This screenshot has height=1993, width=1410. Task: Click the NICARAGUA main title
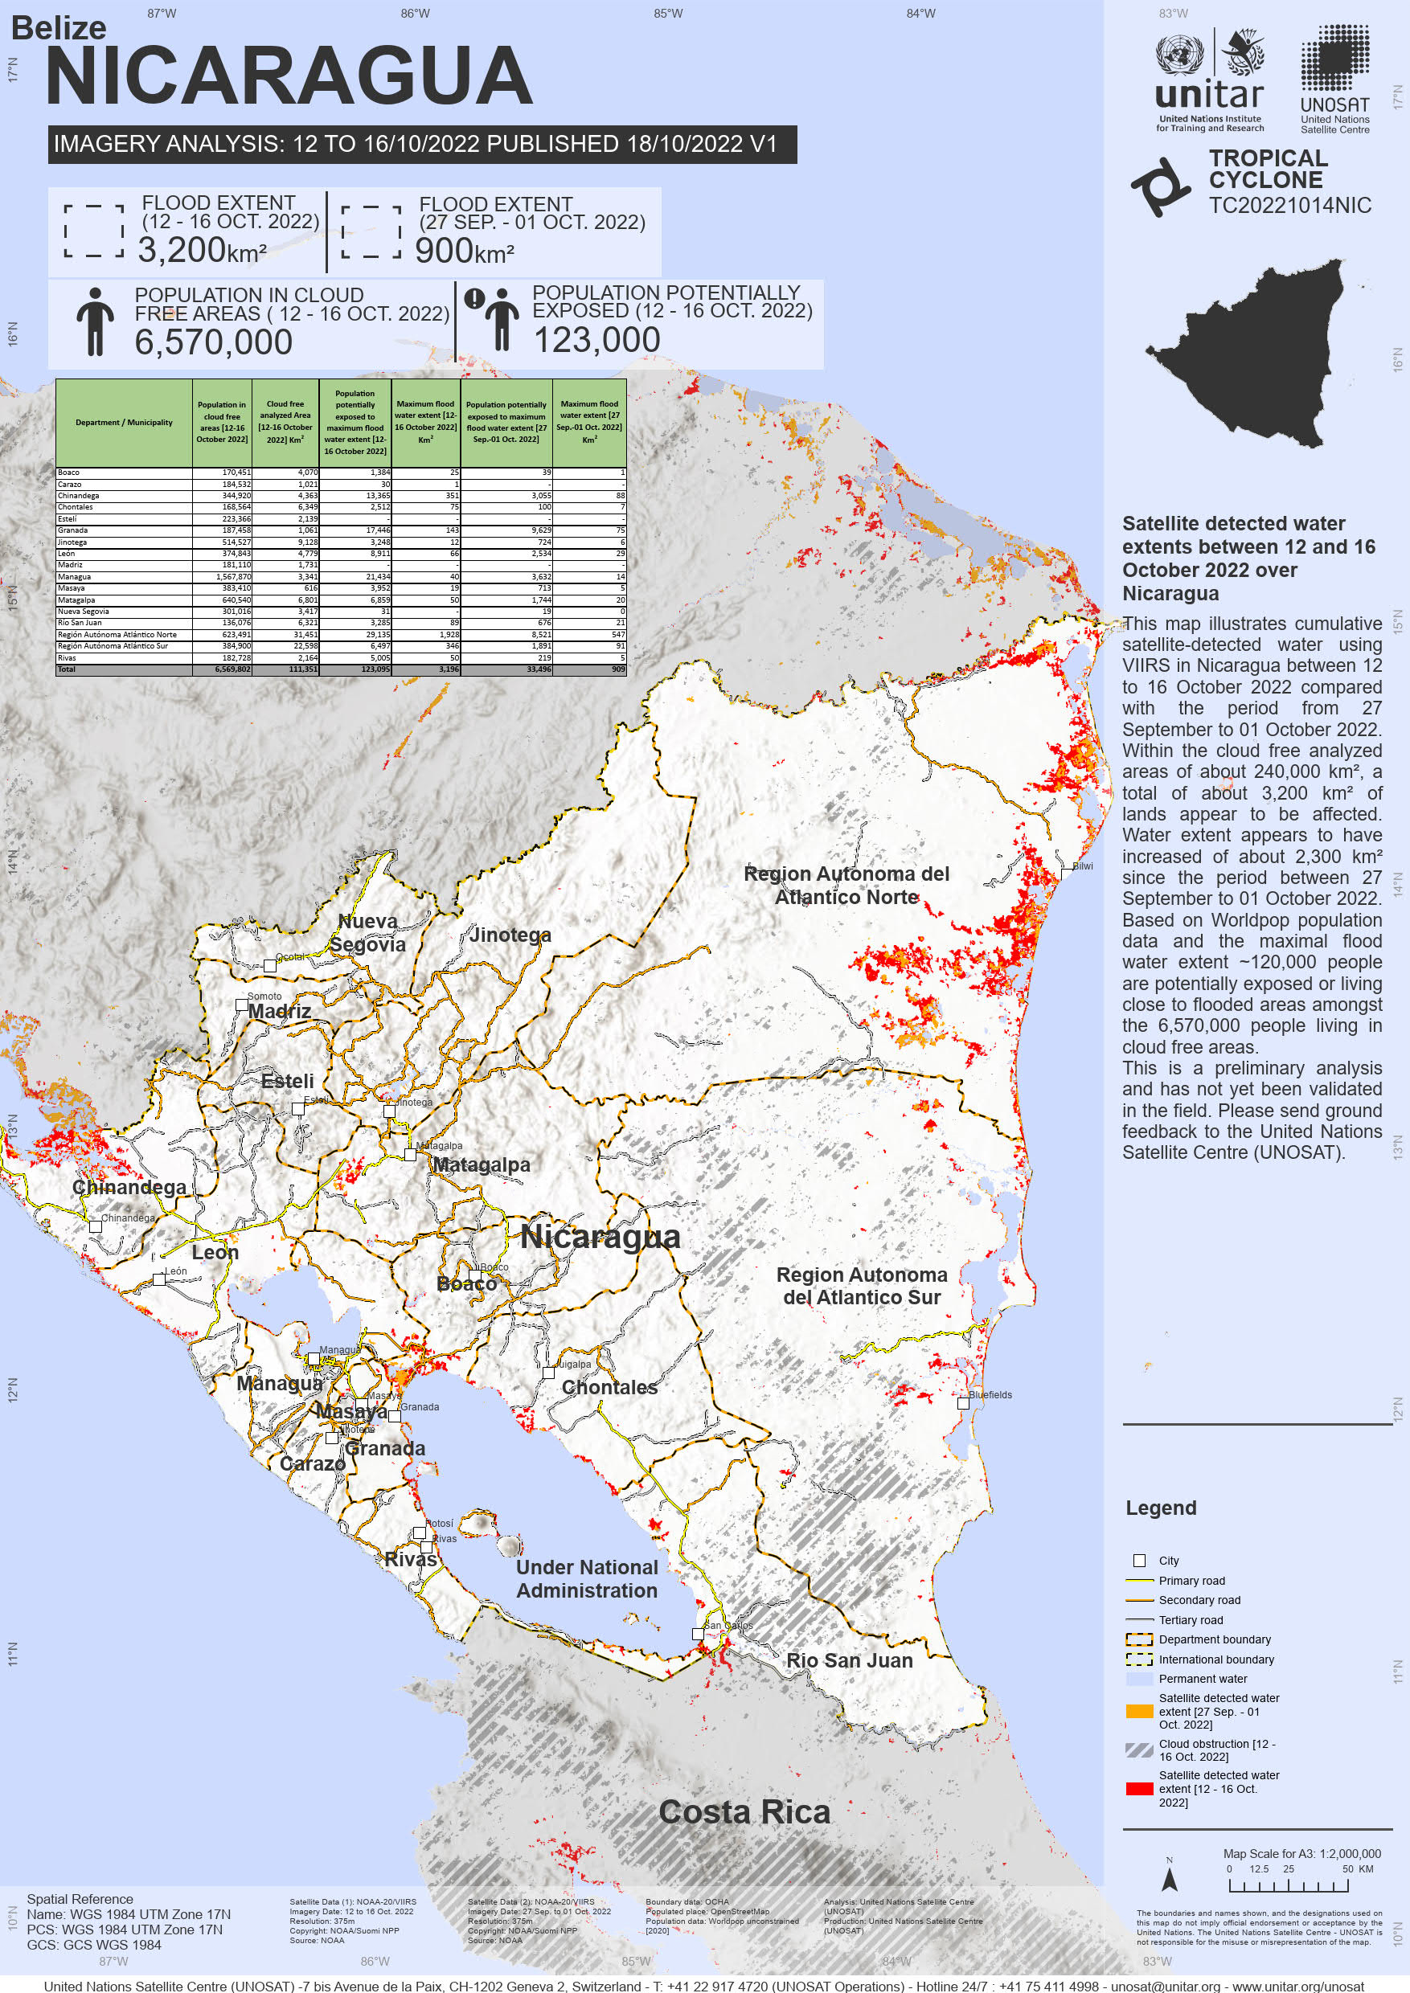[x=289, y=78]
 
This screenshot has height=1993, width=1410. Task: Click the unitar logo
[x=1210, y=83]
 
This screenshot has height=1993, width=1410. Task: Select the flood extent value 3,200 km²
[x=202, y=251]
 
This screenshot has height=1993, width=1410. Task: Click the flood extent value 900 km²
[x=465, y=252]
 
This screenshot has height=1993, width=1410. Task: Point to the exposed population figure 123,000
[x=596, y=340]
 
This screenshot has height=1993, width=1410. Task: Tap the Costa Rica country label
[x=744, y=1812]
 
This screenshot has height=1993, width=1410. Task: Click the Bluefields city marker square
[x=963, y=1403]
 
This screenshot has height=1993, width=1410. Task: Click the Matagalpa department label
[x=481, y=1165]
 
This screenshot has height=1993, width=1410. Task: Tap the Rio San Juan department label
[x=849, y=1660]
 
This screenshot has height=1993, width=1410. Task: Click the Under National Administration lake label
[x=587, y=1579]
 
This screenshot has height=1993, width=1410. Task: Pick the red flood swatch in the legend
[x=1139, y=1788]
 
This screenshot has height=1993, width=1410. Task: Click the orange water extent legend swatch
[x=1139, y=1711]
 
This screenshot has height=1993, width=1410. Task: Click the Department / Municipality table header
[x=124, y=423]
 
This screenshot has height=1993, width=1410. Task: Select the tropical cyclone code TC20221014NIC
[x=1289, y=206]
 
